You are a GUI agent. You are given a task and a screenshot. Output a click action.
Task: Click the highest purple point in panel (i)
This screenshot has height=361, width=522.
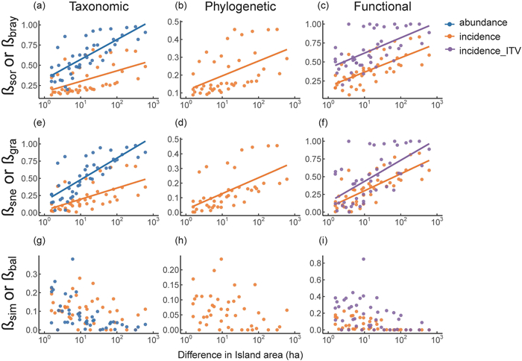coord(363,259)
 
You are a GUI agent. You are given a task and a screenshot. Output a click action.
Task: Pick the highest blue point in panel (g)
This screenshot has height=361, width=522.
coord(72,259)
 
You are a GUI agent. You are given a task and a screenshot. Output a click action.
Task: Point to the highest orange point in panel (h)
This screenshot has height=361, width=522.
coord(221,259)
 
